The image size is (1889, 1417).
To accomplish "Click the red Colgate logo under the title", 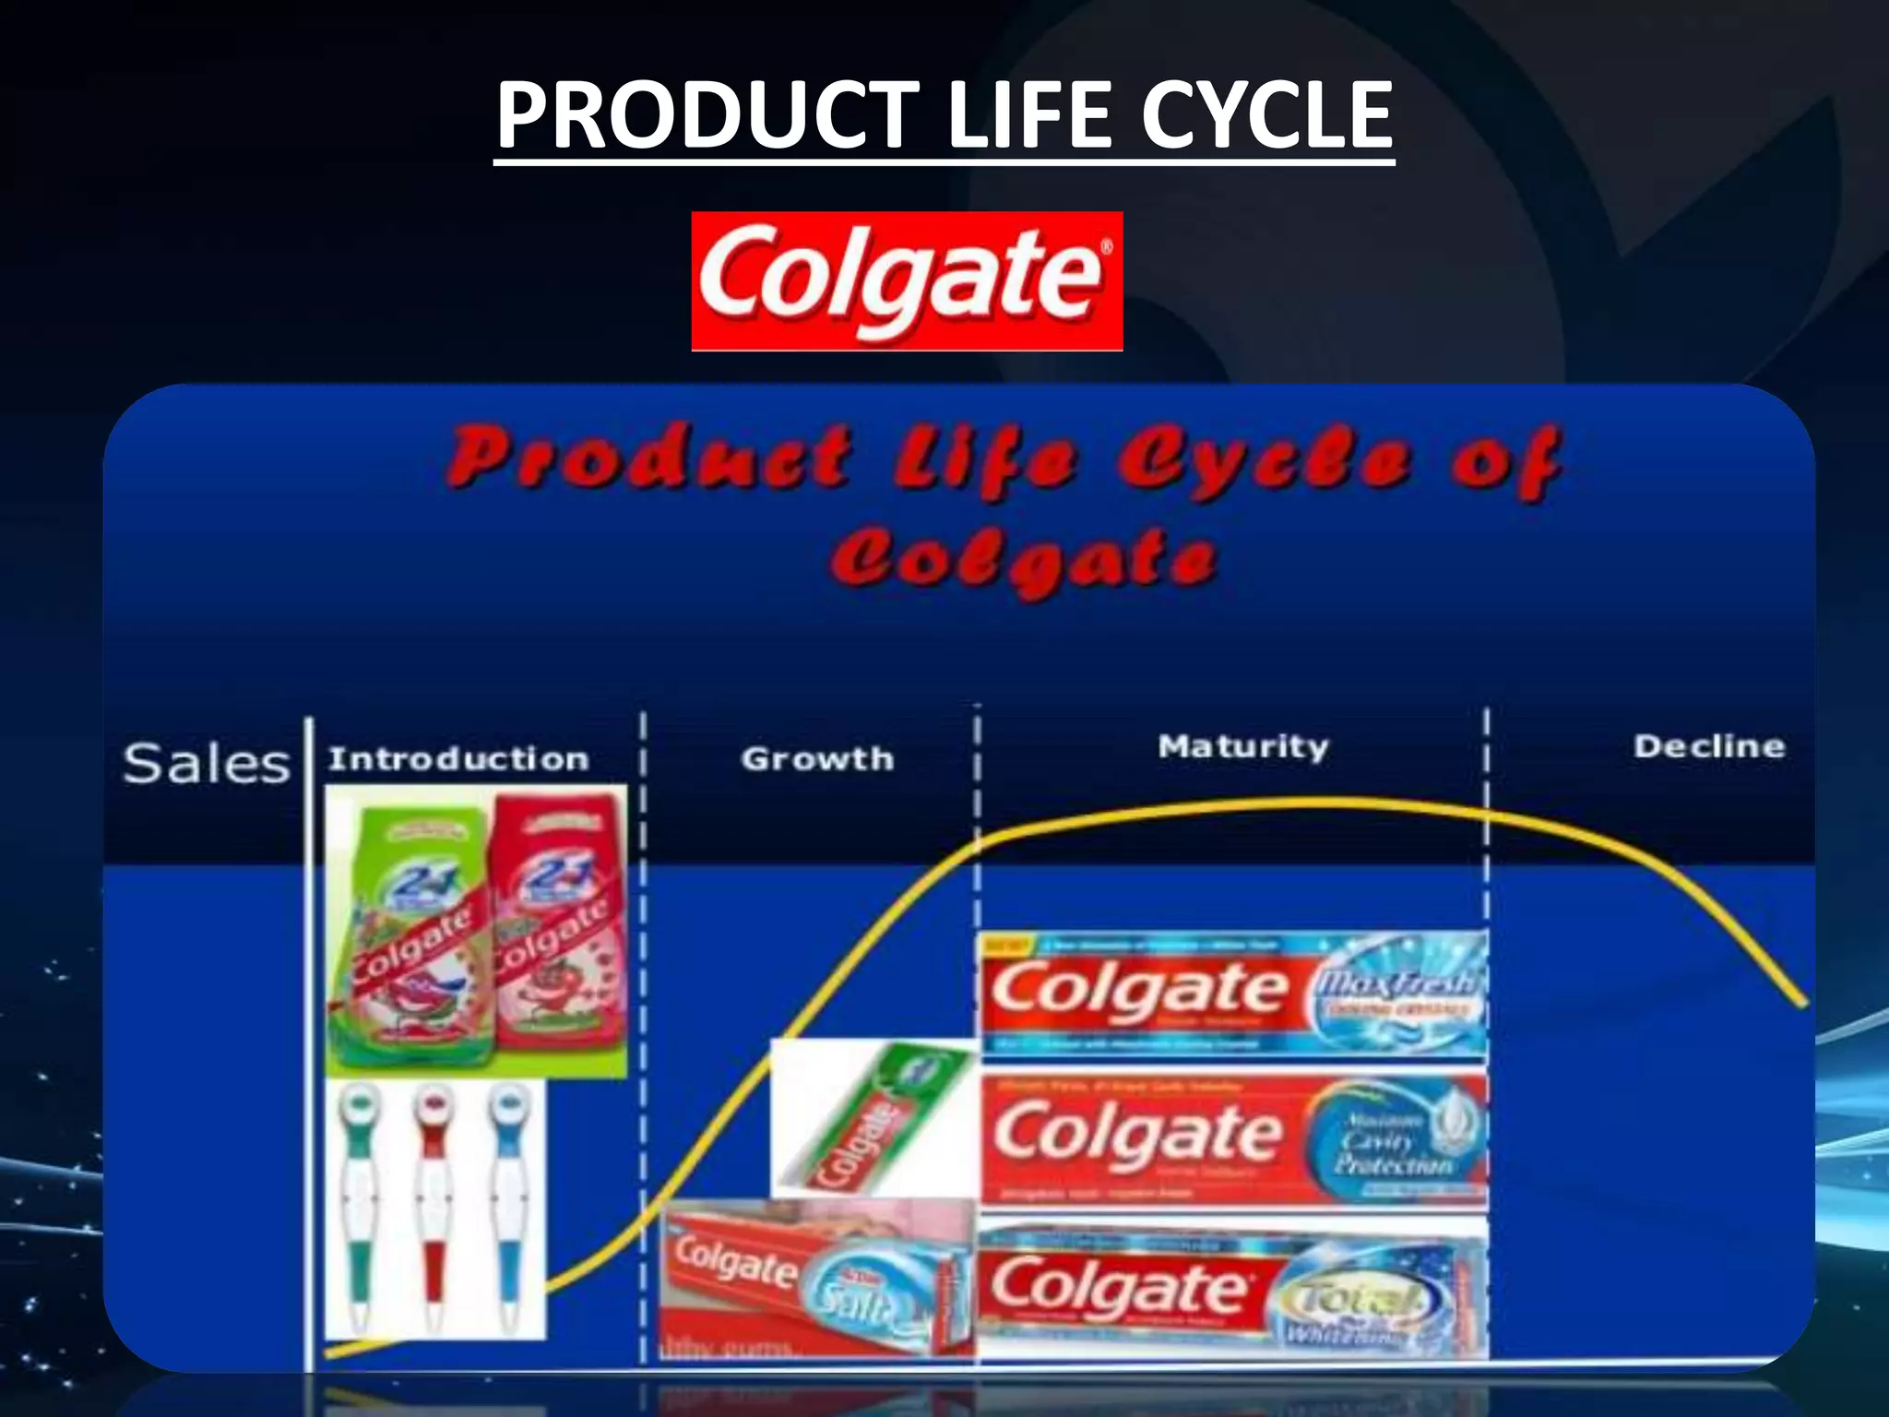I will click(x=907, y=280).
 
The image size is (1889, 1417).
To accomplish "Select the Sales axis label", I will click(x=207, y=764).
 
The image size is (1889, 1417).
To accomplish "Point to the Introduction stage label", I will click(x=458, y=758).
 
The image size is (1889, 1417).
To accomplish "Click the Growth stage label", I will click(x=817, y=758).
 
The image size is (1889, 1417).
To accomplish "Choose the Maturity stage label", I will click(x=1243, y=745).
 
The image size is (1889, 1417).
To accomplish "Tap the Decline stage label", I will click(x=1709, y=745).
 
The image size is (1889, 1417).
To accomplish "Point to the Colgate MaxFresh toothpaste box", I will click(x=1232, y=994).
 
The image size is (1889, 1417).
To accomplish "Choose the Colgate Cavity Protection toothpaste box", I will click(x=1232, y=1138).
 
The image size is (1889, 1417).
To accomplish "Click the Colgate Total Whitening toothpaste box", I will click(x=1232, y=1292).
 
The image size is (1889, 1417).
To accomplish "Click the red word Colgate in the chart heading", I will click(x=1024, y=561).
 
